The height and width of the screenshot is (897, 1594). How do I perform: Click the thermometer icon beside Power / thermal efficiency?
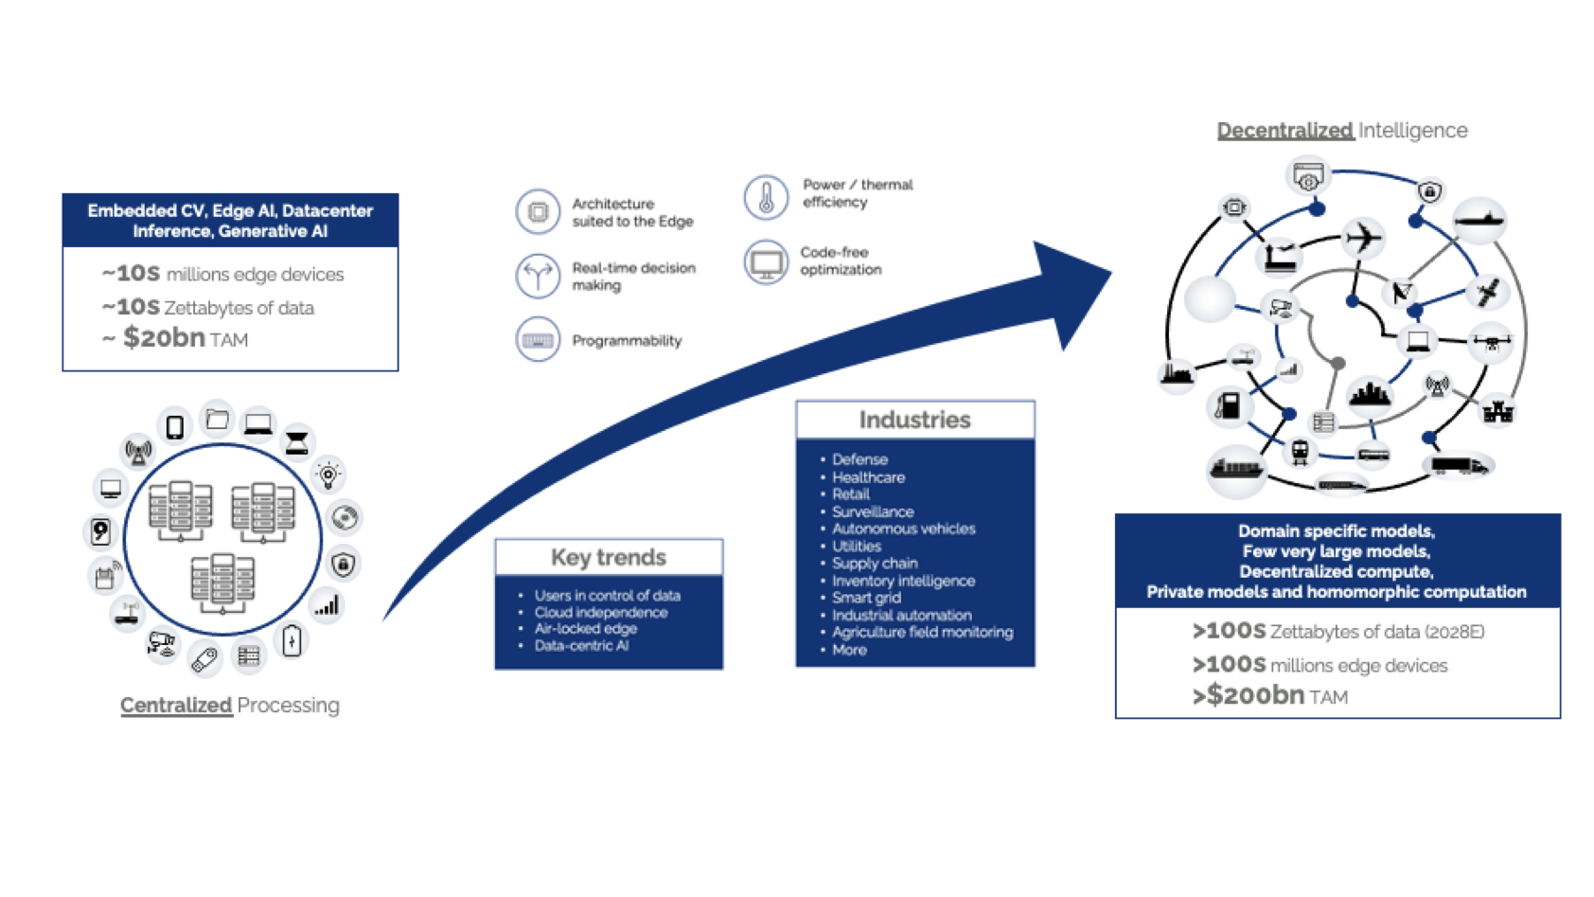point(766,197)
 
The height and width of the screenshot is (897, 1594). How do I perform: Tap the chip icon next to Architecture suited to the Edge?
point(538,211)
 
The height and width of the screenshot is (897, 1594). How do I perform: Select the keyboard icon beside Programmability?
point(538,340)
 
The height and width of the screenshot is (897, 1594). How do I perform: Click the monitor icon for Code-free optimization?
point(766,262)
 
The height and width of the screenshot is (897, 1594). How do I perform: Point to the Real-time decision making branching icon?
point(538,276)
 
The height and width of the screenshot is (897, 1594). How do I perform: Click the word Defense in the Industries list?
point(859,459)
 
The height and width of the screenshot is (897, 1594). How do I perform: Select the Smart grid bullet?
point(866,598)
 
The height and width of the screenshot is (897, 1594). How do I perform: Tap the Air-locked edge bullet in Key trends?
point(585,629)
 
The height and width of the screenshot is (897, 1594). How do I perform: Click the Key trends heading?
point(609,557)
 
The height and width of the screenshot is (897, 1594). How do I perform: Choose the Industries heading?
point(914,420)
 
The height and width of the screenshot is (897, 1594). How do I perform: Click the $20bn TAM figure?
point(185,338)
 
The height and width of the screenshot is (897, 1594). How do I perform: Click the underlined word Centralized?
point(176,706)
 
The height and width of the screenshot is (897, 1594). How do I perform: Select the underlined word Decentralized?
point(1284,131)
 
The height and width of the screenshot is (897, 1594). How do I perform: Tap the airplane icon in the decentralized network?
point(1363,237)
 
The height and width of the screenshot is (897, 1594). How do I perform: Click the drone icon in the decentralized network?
point(1492,342)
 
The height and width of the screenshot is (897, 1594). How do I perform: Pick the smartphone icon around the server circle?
point(175,427)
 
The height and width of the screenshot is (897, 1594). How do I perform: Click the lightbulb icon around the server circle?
point(328,475)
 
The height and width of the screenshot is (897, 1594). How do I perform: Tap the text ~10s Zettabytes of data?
point(209,307)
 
